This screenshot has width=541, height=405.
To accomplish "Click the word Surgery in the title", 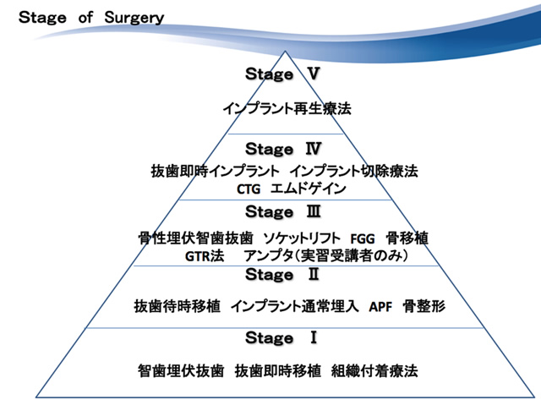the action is (x=134, y=18).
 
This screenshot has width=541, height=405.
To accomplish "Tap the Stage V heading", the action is (x=282, y=74).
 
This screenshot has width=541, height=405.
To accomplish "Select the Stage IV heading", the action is (x=283, y=149).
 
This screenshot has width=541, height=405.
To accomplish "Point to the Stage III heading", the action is (x=283, y=212).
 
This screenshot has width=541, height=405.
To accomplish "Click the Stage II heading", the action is (x=282, y=275).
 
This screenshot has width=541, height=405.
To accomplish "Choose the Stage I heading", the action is (x=281, y=337).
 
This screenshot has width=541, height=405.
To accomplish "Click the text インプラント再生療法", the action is (x=287, y=109).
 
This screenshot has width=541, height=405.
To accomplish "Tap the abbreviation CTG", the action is (x=249, y=189).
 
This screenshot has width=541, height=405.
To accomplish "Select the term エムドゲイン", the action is (x=308, y=189).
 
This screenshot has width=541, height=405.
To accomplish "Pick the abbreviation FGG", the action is (x=363, y=238).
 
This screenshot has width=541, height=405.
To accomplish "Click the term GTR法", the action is (x=205, y=256).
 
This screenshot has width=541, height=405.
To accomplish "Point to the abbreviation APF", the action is (x=380, y=306).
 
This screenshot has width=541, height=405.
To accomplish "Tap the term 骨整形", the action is (x=424, y=306).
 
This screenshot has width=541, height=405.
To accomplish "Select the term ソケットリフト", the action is (x=302, y=238).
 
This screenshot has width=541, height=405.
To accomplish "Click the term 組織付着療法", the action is (x=374, y=371).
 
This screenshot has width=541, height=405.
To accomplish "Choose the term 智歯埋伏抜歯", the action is (x=181, y=371).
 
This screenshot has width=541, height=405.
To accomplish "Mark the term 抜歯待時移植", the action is (x=178, y=306).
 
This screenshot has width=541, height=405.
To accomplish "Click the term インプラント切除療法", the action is (x=353, y=171).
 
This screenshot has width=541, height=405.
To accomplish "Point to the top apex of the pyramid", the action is (x=285, y=52).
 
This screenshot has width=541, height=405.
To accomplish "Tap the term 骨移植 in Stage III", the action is (x=407, y=238).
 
